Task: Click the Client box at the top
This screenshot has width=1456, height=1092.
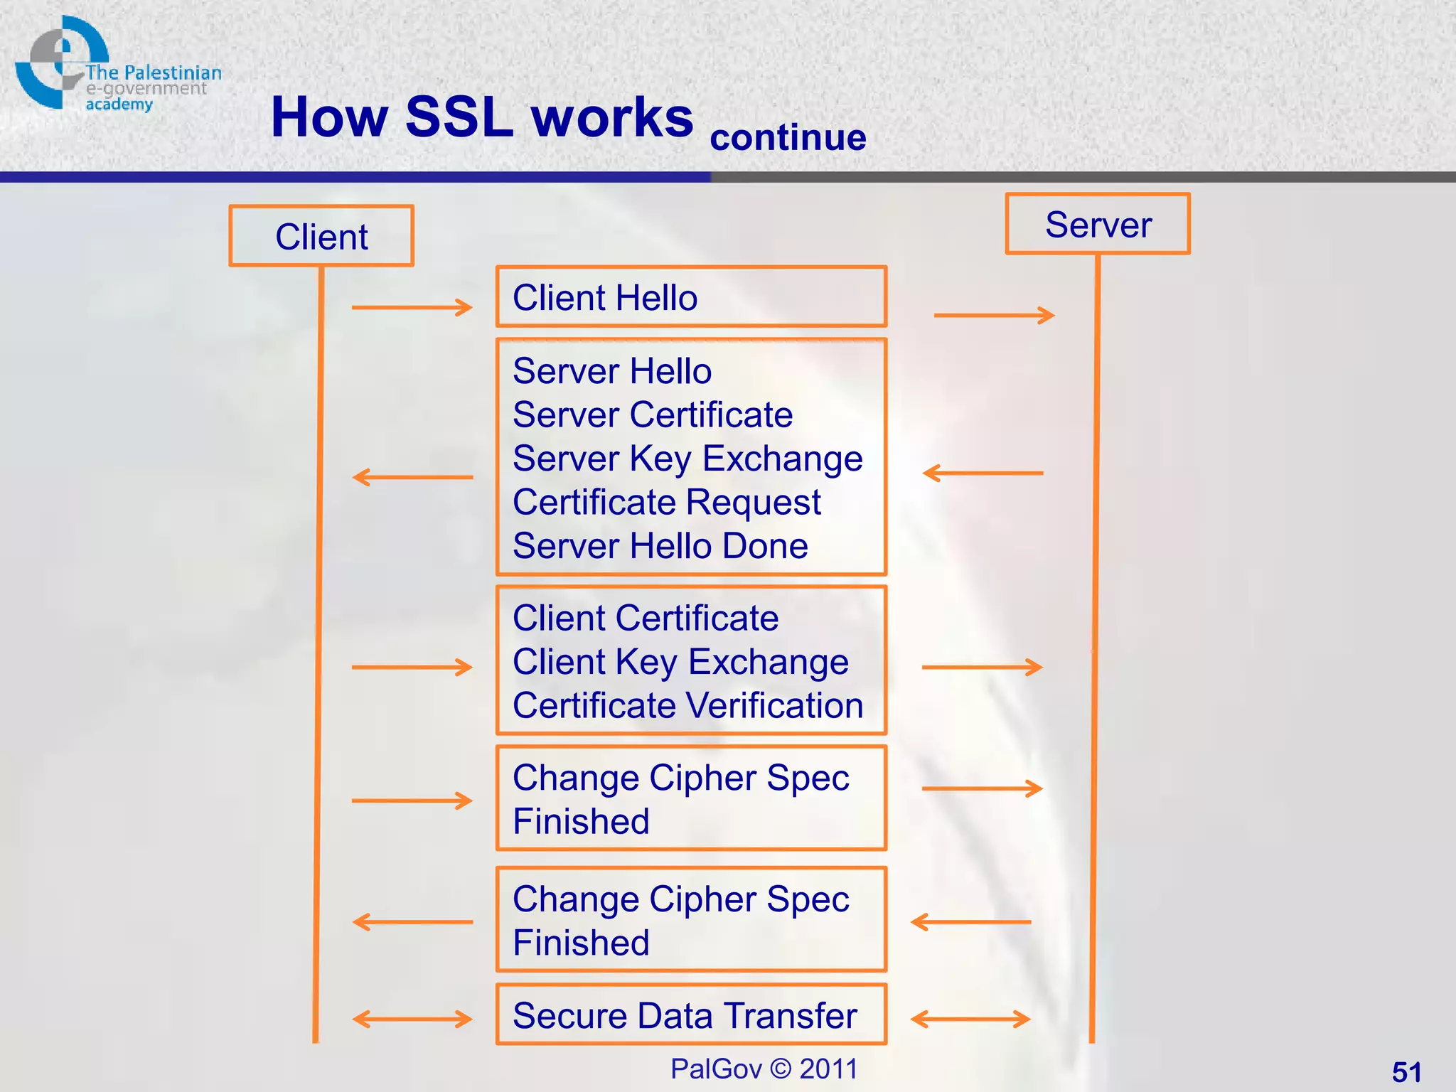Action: pos(321,236)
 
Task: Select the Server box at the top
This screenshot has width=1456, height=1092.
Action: pos(1098,224)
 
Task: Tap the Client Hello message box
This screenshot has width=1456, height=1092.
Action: pos(691,297)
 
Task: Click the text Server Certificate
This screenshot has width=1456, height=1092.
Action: pos(653,414)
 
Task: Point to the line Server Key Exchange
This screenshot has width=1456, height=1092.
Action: pos(687,459)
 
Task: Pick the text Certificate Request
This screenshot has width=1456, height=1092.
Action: pos(667,503)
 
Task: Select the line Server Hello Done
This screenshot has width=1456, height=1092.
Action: pos(660,546)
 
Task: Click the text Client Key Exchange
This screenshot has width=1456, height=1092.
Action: pos(680,662)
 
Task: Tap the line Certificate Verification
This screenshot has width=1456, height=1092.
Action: pos(687,706)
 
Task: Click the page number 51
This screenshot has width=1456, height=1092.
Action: pos(1406,1071)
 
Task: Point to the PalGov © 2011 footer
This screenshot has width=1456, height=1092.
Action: pos(764,1069)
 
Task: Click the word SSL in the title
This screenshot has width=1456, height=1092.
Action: pos(459,117)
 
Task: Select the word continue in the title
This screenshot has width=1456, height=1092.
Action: pos(788,137)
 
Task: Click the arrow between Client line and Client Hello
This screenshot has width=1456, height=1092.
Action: pos(412,307)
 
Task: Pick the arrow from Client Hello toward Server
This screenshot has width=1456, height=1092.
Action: pos(994,315)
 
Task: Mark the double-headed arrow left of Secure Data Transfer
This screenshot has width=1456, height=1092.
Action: pos(412,1019)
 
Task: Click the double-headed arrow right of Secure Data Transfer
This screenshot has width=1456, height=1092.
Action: pos(970,1019)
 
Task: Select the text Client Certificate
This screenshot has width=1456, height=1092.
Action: pos(646,618)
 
